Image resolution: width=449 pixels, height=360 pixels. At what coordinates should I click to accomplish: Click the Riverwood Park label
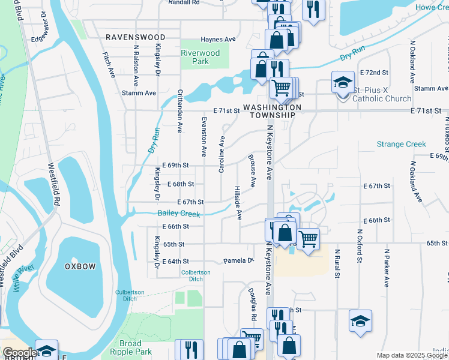point(200,57)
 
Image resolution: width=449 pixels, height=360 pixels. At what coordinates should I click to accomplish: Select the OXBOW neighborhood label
point(80,266)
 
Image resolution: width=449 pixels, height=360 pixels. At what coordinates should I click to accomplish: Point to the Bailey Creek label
point(178,214)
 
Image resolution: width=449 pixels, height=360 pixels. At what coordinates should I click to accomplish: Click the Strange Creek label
point(401,145)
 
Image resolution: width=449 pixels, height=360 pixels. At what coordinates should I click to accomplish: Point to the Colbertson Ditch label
point(196,275)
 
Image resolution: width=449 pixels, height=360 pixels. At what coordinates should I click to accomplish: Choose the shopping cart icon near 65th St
point(308,239)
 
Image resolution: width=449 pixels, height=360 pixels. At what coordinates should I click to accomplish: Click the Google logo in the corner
point(19,353)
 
